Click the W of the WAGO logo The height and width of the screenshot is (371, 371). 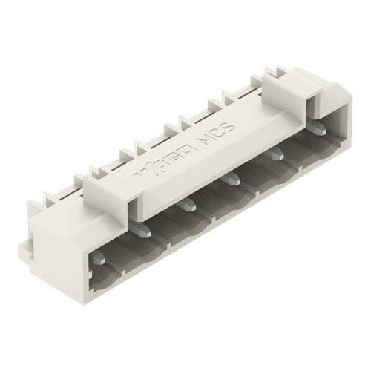click(x=140, y=175)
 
